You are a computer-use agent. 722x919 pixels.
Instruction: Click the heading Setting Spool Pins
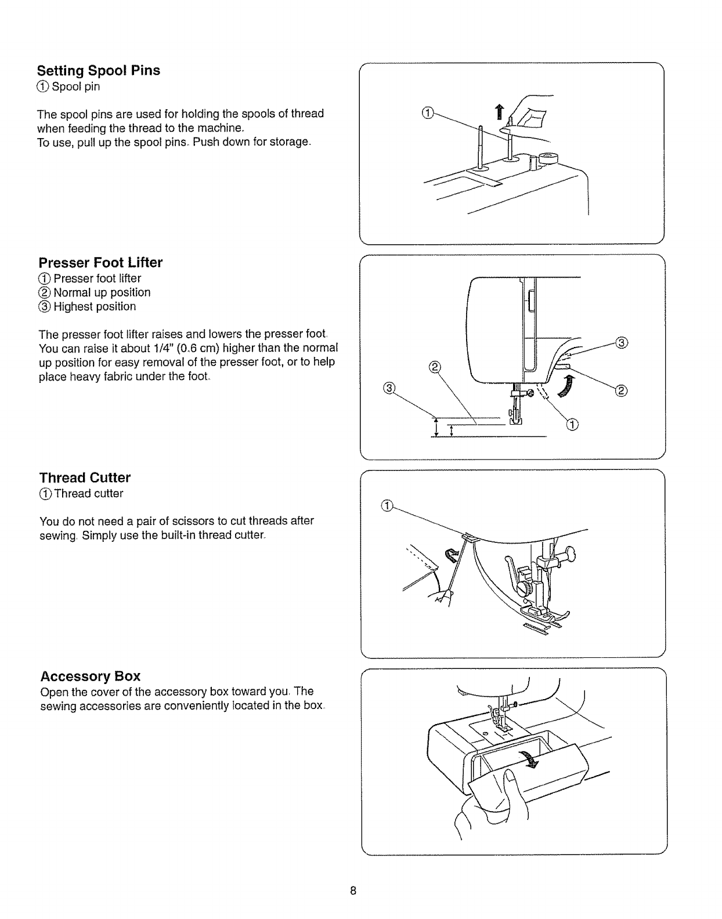(x=99, y=71)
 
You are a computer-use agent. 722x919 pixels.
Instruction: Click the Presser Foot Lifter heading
(x=100, y=263)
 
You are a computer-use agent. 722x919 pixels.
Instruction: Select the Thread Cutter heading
(x=85, y=478)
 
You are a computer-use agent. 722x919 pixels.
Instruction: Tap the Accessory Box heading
(x=90, y=676)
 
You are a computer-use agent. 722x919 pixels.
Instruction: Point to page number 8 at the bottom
(x=352, y=891)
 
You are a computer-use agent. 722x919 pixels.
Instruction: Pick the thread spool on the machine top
(x=547, y=158)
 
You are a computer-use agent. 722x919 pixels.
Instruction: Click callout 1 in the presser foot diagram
(x=572, y=427)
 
